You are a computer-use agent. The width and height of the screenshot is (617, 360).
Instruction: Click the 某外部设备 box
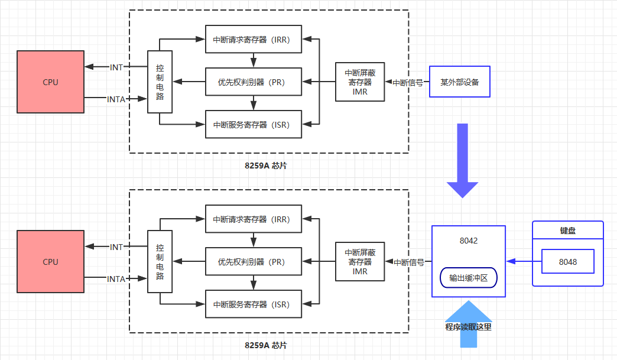(459, 82)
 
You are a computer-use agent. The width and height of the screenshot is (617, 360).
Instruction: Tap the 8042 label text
(468, 241)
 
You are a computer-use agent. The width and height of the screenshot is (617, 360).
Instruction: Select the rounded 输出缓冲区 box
(469, 278)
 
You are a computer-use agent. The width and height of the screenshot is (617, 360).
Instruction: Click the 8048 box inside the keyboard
(568, 261)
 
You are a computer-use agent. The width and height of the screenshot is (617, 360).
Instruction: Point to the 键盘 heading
(568, 230)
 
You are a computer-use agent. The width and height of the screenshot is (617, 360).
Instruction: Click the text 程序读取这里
(468, 326)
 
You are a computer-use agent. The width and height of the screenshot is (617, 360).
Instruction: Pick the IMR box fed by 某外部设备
(360, 82)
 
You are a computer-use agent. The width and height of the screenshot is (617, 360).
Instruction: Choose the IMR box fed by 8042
(360, 261)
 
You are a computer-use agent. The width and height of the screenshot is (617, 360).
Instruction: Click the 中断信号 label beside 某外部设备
(408, 83)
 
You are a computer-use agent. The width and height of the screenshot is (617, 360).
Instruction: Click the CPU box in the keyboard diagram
(50, 261)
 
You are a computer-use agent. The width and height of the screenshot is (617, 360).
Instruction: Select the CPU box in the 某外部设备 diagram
(50, 82)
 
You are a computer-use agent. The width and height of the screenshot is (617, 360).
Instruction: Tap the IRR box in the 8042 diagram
(253, 219)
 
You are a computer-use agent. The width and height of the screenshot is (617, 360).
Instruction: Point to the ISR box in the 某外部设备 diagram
(253, 124)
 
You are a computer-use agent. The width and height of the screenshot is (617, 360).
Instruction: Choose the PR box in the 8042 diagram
(253, 262)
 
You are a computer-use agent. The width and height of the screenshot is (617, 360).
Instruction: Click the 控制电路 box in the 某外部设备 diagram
(160, 82)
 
